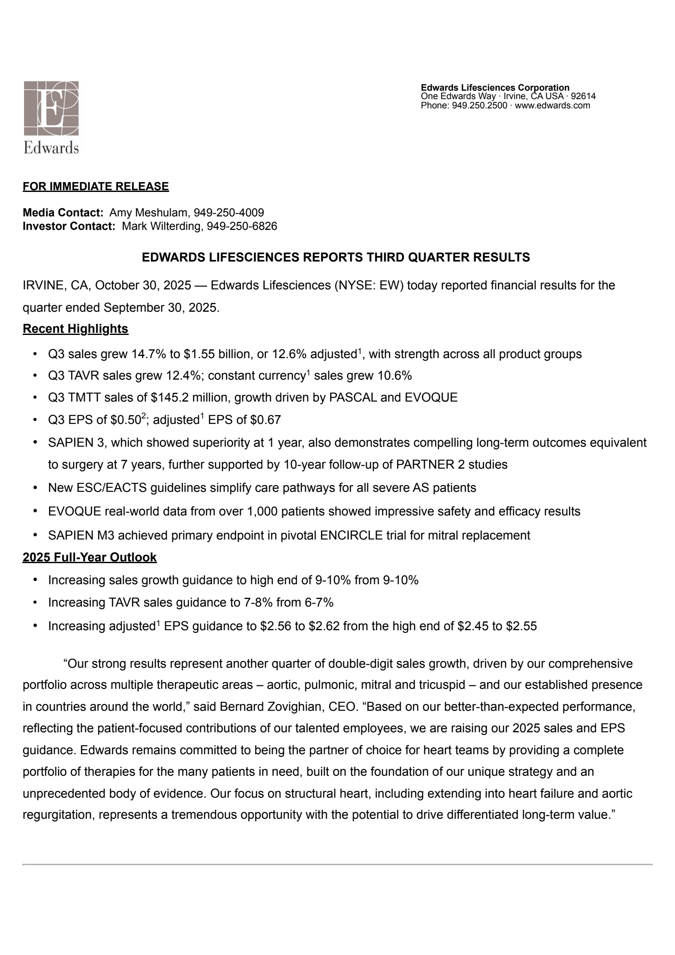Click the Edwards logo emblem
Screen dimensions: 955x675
51,108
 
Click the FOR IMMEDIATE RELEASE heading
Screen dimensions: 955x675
96,186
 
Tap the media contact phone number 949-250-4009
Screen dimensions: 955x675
229,213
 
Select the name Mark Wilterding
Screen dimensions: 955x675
161,226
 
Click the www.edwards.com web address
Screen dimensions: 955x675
552,105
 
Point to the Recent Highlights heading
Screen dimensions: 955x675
76,329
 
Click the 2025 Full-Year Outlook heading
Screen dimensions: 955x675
89,557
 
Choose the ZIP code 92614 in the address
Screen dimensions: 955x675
583,96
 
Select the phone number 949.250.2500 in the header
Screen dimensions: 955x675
479,105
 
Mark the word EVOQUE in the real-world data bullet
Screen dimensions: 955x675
74,511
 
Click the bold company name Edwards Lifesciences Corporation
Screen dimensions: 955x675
495,87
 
